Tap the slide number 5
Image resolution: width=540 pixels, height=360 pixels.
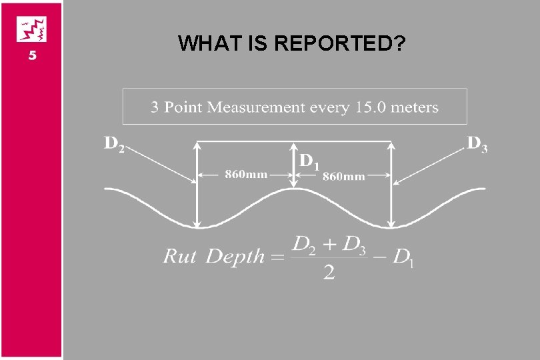pos(31,57)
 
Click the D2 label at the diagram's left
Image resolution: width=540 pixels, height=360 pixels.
pos(114,145)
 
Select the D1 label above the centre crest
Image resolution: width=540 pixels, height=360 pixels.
pos(309,161)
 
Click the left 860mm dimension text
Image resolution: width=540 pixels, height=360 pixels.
pos(246,175)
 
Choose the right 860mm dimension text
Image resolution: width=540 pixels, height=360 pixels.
pos(344,176)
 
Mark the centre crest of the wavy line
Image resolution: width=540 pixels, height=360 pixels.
pos(294,189)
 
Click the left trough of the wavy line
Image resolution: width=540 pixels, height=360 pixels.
pos(197,227)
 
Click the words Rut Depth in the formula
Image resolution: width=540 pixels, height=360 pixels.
pos(214,256)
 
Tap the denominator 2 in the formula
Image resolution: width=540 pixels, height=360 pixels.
pos(329,273)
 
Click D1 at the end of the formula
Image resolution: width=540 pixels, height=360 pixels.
pos(404,257)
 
